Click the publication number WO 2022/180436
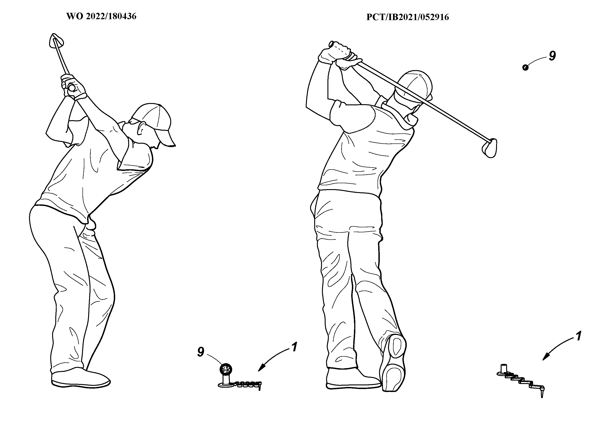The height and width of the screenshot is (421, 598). pos(101,16)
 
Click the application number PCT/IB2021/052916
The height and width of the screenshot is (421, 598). pos(408,17)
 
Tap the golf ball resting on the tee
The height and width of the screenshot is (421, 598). pos(226,369)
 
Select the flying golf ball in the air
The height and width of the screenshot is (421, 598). pos(525,67)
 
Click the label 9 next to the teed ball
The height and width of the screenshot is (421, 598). pos(201,352)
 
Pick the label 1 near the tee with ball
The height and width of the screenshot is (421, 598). pos(294,347)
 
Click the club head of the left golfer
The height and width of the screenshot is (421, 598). pos(56,41)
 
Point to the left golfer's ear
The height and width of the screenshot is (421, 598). pos(142,128)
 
